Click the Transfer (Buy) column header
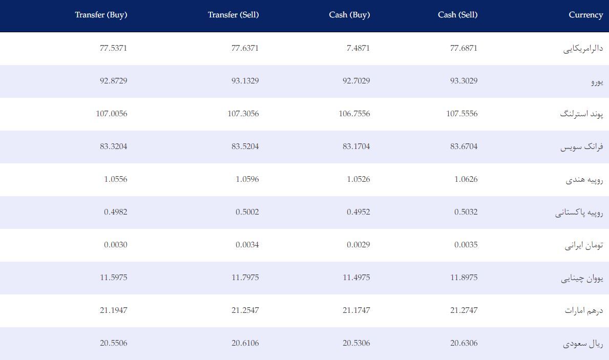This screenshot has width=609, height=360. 101,15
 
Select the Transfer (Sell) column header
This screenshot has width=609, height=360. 233,15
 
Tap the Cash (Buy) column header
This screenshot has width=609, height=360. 349,15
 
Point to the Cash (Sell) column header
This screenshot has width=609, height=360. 457,15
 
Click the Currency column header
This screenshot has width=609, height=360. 586,15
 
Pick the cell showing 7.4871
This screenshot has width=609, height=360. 358,48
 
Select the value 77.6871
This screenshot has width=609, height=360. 464,48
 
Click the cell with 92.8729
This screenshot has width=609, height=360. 113,81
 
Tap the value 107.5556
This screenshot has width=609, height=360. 462,114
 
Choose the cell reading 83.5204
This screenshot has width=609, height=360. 245,146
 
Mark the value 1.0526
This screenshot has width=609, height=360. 358,179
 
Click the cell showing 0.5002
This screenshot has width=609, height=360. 247,212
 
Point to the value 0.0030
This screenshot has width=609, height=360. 115,245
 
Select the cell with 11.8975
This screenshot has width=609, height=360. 464,277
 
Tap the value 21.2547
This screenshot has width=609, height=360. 245,310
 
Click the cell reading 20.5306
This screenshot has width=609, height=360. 356,343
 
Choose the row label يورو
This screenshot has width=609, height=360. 597,82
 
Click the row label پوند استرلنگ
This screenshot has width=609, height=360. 581,114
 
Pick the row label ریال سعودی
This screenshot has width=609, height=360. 583,344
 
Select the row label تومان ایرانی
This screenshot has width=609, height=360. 584,245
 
